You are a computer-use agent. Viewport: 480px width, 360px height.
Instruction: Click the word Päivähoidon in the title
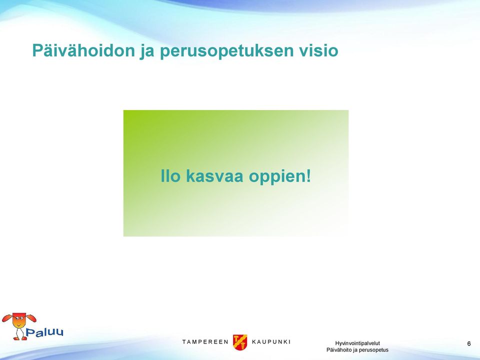click(x=83, y=50)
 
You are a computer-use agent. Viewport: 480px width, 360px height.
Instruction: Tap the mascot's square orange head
click(x=19, y=320)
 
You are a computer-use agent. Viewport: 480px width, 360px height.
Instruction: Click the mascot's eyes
click(x=19, y=318)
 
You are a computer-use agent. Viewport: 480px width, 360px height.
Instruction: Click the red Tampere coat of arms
click(x=240, y=342)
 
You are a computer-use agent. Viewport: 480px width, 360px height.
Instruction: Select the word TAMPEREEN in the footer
click(x=205, y=342)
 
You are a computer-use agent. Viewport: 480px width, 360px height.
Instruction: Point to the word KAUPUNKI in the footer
click(x=271, y=342)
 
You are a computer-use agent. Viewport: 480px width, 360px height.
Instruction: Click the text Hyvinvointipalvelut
click(x=357, y=343)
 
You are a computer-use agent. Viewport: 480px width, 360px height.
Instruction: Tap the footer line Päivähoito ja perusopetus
click(x=357, y=350)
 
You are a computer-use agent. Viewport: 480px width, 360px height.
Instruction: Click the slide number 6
click(x=469, y=343)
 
